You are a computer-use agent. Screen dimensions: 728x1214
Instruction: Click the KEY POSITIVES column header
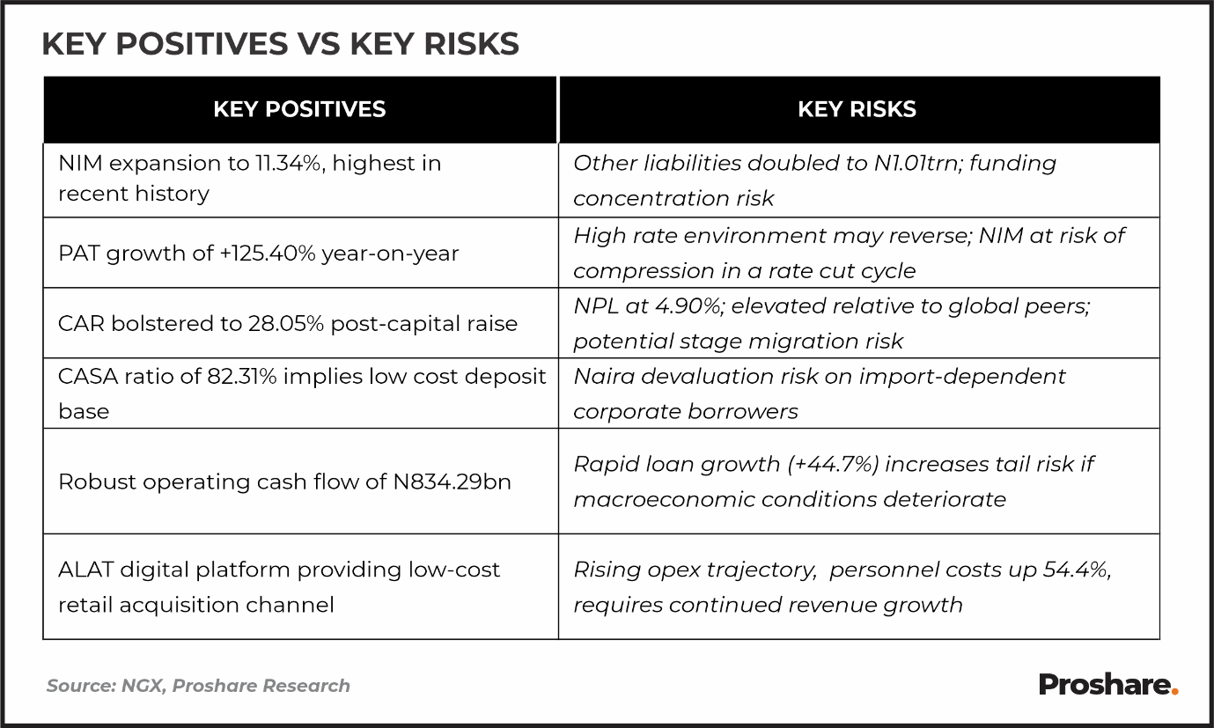pyautogui.click(x=299, y=109)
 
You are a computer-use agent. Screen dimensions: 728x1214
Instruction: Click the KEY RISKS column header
pyautogui.click(x=857, y=109)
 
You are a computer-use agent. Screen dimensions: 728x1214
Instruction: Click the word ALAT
pyautogui.click(x=85, y=570)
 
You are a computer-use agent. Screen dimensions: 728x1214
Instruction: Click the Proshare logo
pyautogui.click(x=1107, y=684)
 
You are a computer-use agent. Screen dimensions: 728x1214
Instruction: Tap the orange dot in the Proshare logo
pyautogui.click(x=1174, y=692)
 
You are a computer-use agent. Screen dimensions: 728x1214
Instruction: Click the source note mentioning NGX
pyautogui.click(x=198, y=686)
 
